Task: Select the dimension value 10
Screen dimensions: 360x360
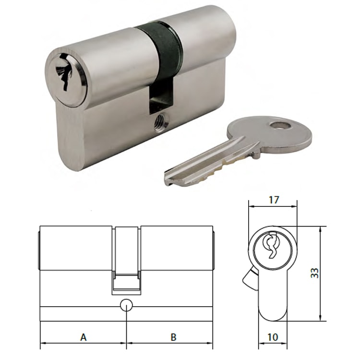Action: point(273,337)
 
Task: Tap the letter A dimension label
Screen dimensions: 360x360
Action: point(83,337)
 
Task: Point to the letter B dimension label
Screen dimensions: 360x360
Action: point(173,337)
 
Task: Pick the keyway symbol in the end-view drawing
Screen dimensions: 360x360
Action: point(272,245)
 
